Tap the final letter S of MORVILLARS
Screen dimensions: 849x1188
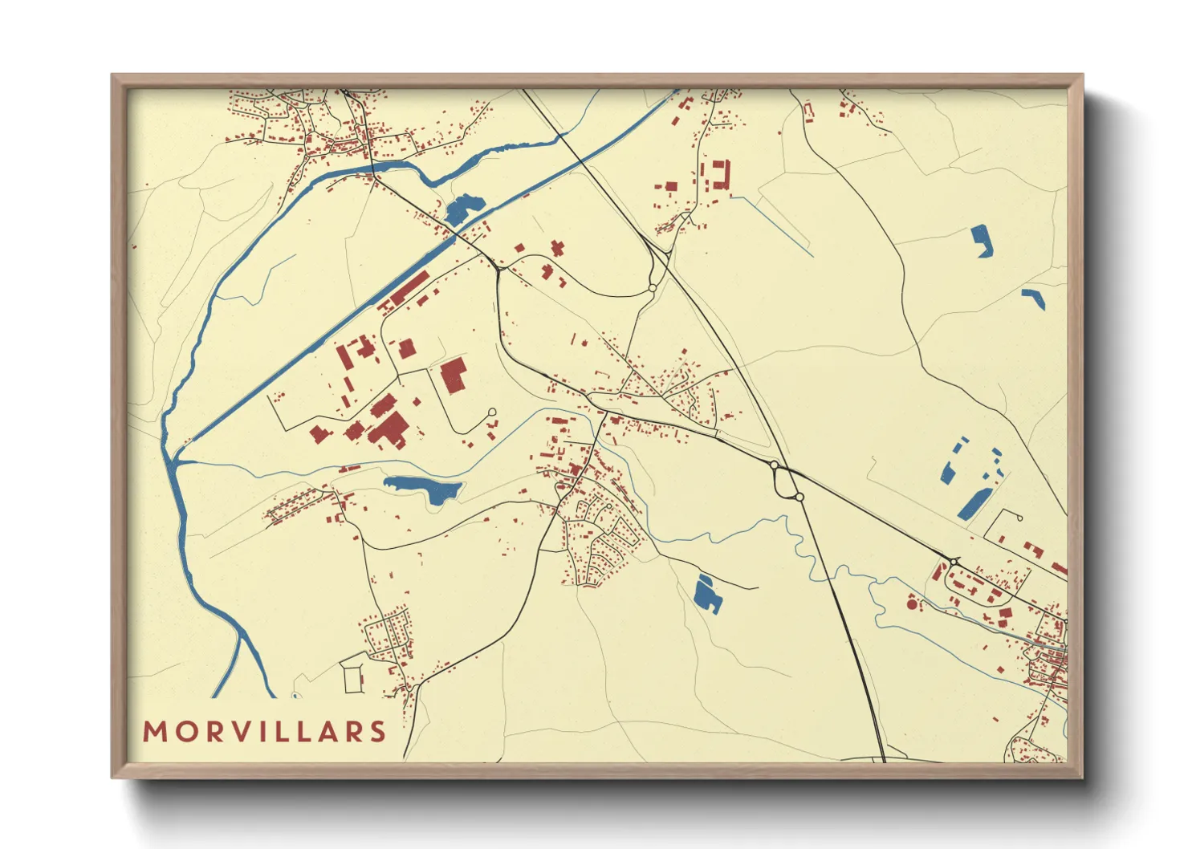377,732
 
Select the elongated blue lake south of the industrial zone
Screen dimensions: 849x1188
422,487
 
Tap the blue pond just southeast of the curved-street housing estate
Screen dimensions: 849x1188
706,594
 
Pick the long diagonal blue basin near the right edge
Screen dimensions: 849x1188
973,502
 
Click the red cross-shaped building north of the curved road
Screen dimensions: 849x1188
557,247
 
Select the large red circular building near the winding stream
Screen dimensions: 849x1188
912,602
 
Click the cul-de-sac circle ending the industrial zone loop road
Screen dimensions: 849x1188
492,412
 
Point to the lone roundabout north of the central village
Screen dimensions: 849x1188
653,288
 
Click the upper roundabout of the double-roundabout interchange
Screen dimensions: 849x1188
774,465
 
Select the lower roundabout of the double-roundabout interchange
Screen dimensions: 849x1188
799,498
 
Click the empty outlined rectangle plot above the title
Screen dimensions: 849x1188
353,679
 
